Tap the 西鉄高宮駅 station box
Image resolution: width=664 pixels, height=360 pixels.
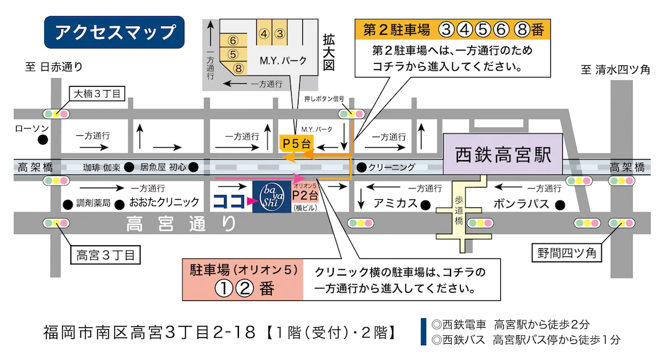[503, 155]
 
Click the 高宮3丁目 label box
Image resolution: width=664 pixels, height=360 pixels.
[105, 255]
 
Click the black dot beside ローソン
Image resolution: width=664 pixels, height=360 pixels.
[42, 140]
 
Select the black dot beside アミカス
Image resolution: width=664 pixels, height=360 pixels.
[425, 204]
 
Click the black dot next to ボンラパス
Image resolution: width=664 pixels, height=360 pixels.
[560, 204]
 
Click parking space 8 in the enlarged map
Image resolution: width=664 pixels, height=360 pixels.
[237, 68]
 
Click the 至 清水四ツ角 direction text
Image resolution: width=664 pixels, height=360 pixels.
[615, 70]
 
